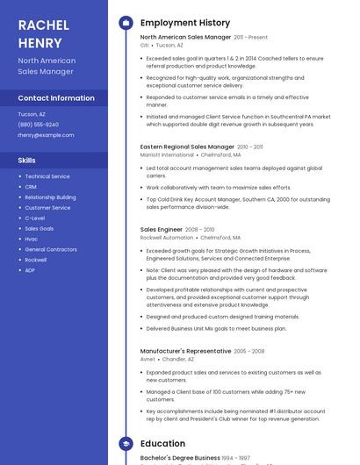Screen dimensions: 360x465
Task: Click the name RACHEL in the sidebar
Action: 43,25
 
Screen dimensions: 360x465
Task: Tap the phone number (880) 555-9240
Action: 39,125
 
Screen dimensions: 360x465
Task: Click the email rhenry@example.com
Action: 46,135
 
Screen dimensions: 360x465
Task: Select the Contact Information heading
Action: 56,98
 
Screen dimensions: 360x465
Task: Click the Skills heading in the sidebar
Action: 27,161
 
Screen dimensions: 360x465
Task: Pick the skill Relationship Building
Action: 50,197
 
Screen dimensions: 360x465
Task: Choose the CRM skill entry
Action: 31,187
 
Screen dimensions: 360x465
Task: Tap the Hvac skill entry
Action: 31,239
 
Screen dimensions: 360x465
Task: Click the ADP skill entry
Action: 30,270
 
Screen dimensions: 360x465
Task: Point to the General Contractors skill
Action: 51,249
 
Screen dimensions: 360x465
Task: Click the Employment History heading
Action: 185,23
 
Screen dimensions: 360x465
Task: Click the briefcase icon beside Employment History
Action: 126,23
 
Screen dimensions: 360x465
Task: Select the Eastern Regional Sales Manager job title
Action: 187,147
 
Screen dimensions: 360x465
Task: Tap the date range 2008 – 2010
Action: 199,230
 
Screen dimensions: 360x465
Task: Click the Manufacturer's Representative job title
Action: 185,351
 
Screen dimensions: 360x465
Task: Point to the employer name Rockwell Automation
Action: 166,238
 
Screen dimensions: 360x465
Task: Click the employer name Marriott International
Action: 168,154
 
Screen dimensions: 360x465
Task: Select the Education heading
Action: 162,444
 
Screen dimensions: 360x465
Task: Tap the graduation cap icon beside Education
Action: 126,444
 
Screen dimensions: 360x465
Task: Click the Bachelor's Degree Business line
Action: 180,458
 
